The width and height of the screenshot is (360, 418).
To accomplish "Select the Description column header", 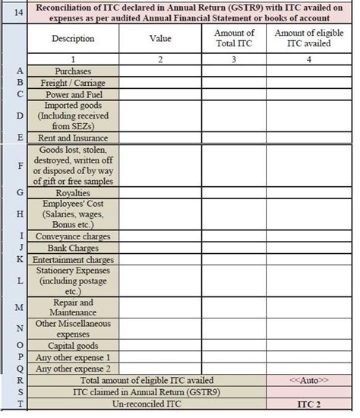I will tap(73, 39).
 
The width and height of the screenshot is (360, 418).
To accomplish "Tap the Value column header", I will tap(159, 39).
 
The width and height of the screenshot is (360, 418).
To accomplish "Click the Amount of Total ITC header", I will tap(234, 39).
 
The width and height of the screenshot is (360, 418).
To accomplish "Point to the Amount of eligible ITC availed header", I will tap(309, 39).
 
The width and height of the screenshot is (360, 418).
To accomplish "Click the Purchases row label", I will tap(73, 71).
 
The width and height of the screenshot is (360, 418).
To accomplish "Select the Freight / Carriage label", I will tap(73, 82).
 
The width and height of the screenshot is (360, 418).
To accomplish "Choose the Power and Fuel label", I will tap(73, 93).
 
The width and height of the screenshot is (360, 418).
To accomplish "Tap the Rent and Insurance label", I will tap(73, 138).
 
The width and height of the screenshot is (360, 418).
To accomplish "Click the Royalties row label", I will tap(73, 192).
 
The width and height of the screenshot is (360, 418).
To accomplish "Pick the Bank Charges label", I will tap(73, 248).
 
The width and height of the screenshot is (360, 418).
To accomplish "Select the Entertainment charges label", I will tap(73, 259).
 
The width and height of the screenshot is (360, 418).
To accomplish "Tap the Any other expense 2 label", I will tap(73, 369).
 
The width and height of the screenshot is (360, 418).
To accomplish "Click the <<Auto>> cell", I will tap(309, 380).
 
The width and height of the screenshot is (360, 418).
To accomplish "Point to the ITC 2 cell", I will tap(309, 404).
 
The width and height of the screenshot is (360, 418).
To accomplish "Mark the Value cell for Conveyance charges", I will tap(159, 236).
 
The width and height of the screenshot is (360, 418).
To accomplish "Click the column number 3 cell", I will tap(234, 60).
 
